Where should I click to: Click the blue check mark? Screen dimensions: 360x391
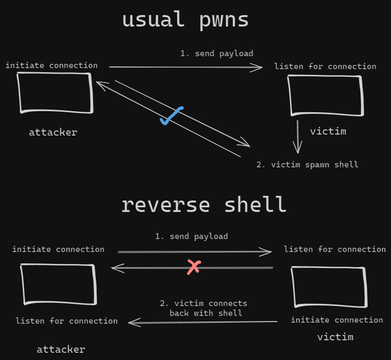[x=171, y=116]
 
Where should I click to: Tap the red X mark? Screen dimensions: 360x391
[x=193, y=268]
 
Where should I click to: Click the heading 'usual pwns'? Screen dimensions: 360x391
[x=185, y=20]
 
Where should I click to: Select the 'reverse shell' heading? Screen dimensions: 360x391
[x=204, y=204]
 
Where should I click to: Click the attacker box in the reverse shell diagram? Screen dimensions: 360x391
[x=58, y=283]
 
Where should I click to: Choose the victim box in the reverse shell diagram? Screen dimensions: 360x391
[x=329, y=287]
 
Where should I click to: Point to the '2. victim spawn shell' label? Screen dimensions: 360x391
[x=307, y=165]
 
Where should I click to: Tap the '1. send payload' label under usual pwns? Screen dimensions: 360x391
[x=217, y=54]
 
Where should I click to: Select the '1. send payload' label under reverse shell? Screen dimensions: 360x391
[x=191, y=236]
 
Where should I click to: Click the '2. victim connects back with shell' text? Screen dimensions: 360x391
[x=203, y=308]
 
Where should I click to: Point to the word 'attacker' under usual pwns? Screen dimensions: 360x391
[x=53, y=132]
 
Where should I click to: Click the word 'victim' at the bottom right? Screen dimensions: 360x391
[x=335, y=337]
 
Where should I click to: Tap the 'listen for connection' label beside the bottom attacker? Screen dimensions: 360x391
[x=67, y=321]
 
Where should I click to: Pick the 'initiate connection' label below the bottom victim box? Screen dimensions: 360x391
[x=337, y=320]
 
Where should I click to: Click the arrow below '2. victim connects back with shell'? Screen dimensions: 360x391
[x=203, y=323]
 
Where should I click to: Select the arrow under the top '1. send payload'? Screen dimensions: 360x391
[x=186, y=67]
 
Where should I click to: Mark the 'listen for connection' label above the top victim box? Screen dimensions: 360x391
[x=325, y=66]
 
